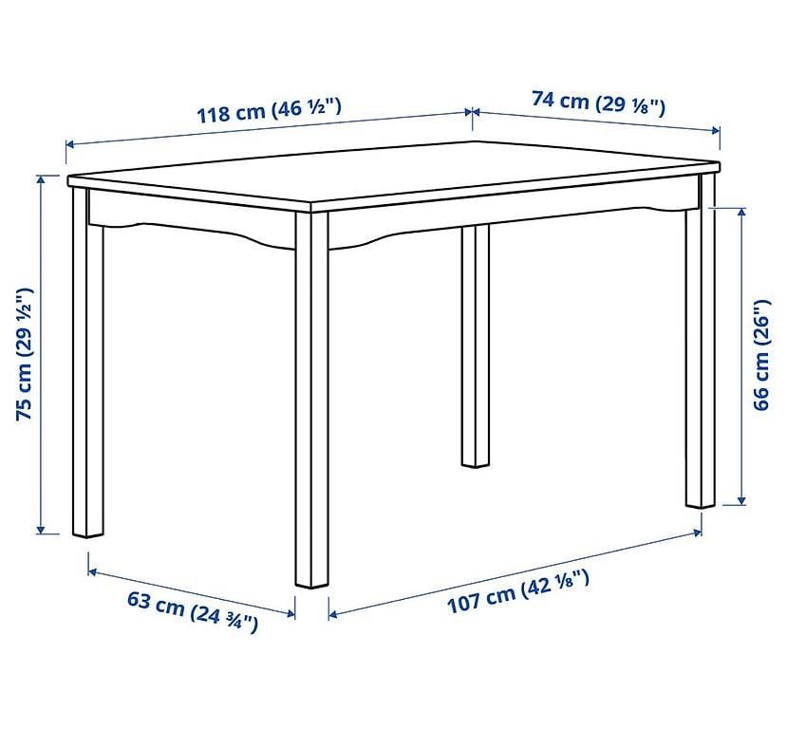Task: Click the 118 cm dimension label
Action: [269, 110]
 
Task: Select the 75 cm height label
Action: [25, 354]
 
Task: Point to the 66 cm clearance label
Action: [761, 355]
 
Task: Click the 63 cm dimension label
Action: [192, 611]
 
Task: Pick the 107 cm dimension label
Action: [518, 591]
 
